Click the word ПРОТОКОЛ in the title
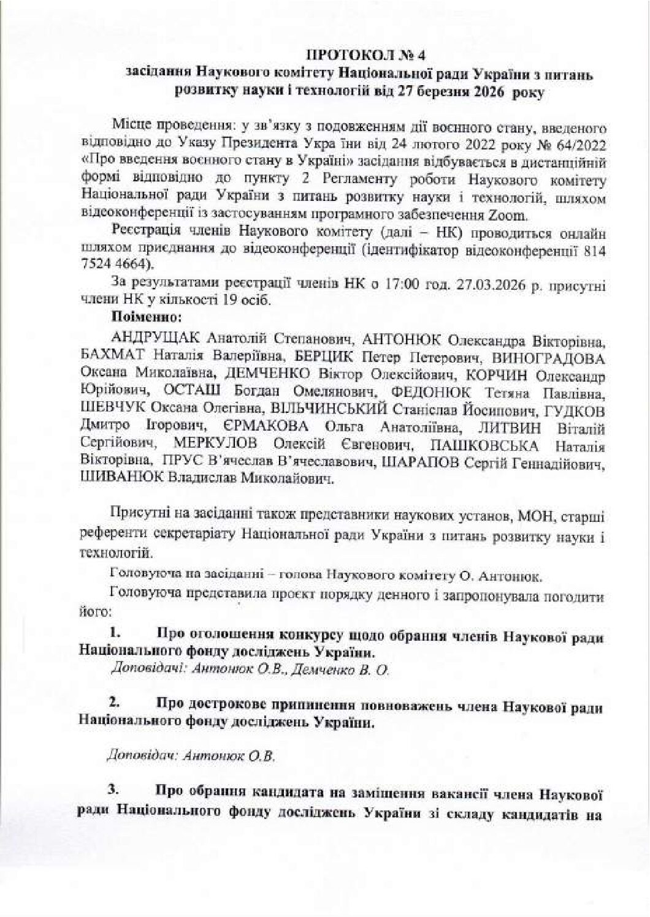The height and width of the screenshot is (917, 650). tap(346, 56)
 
